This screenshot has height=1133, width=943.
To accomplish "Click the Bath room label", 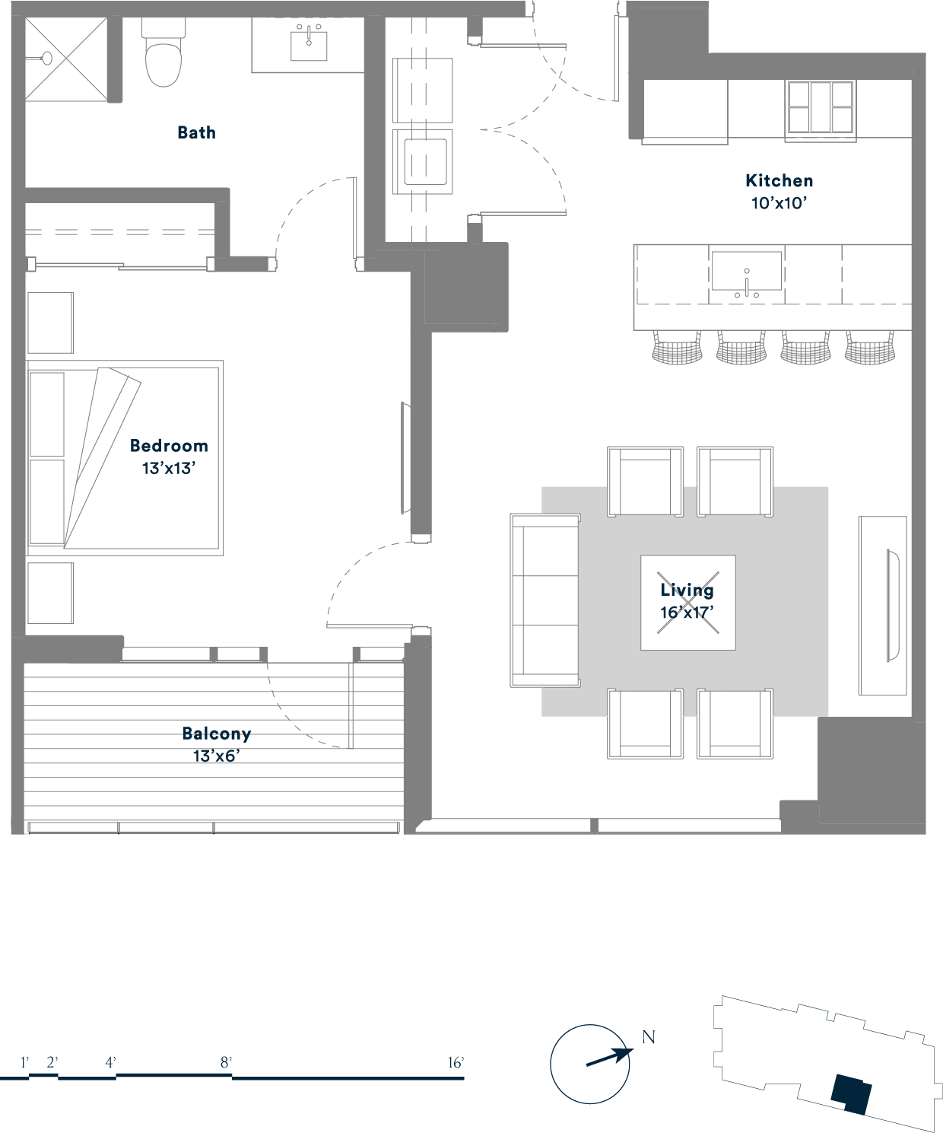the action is [x=196, y=132].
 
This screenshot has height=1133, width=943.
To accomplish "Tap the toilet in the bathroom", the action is [x=164, y=52].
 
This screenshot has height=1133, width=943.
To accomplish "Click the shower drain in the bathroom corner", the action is [x=46, y=58].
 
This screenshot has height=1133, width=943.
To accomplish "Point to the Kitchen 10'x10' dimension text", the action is [x=779, y=203].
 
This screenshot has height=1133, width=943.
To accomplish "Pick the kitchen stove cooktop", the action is [x=821, y=107].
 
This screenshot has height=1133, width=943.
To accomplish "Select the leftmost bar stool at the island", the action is [x=677, y=347].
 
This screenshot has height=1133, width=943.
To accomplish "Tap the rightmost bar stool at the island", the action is [x=870, y=347].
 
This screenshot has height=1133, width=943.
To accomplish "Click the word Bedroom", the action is [x=169, y=446].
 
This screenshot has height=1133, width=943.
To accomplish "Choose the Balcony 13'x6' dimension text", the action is [x=217, y=756].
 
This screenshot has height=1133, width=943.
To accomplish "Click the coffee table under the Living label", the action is [x=687, y=603].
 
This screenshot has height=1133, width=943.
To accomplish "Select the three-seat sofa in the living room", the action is [x=545, y=600].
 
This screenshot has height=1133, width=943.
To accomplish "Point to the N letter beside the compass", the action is [x=648, y=1037].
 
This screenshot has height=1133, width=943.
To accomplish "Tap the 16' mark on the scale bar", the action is [x=456, y=1062].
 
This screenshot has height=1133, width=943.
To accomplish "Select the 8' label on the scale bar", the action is [x=226, y=1062].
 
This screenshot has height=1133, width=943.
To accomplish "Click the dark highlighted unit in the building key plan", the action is [x=851, y=1094].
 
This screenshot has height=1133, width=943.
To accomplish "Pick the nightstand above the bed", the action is [x=50, y=323].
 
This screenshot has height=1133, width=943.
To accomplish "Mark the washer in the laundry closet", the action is [x=422, y=161].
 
